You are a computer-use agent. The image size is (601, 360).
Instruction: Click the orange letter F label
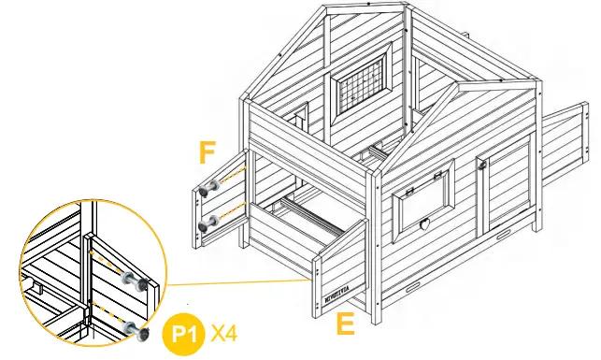(x=209, y=151)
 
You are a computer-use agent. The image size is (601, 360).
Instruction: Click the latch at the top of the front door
(x=483, y=166)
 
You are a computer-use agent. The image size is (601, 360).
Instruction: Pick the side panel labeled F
(x=222, y=200)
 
